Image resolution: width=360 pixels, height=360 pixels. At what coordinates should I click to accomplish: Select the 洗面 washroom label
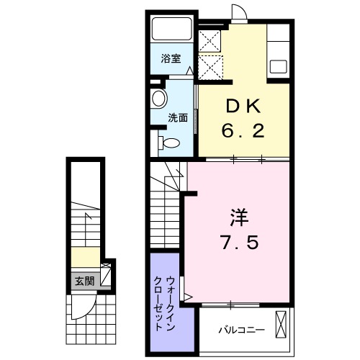tap(178, 117)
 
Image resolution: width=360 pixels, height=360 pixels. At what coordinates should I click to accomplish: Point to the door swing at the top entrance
tap(239, 13)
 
